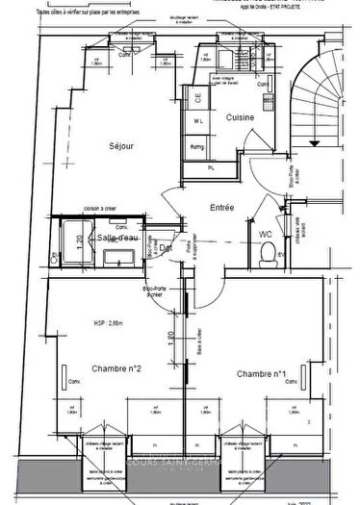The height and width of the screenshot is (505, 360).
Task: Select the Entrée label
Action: [223, 207]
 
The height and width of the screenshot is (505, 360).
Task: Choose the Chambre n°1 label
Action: [261, 372]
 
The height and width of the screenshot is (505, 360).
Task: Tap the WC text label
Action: [265, 234]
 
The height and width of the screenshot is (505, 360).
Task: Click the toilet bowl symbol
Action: [266, 253]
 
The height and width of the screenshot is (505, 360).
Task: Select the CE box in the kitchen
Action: [196, 97]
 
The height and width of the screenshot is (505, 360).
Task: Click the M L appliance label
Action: [196, 121]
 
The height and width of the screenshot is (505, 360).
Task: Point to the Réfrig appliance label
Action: [197, 147]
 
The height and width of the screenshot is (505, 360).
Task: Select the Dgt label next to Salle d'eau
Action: [166, 246]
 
